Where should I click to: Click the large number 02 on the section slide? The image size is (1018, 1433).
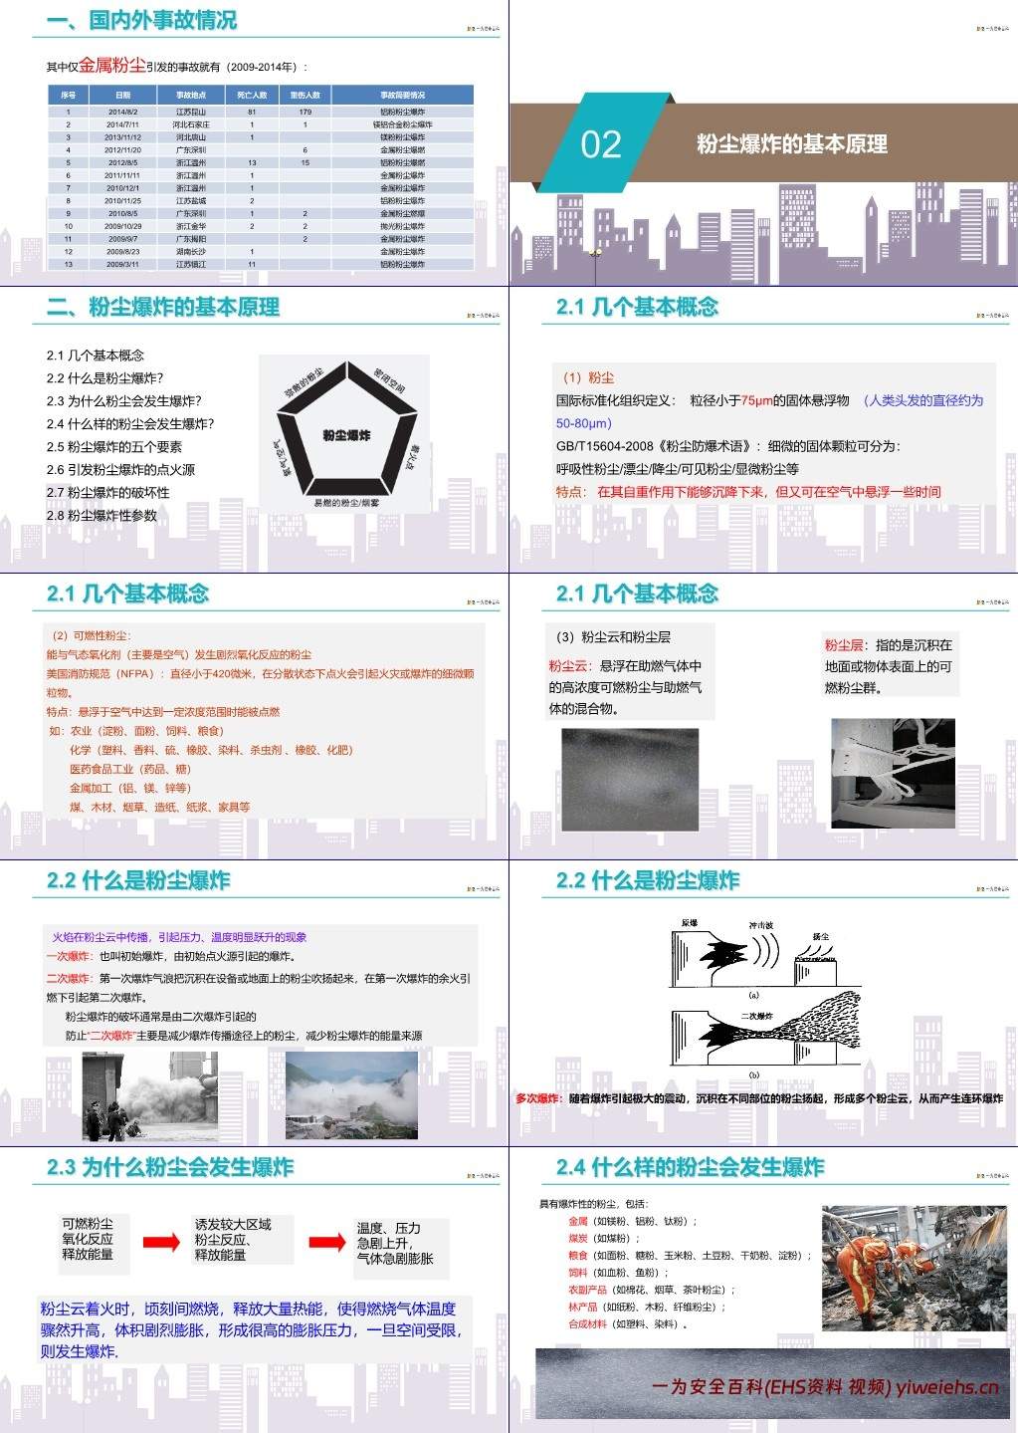coord(601,145)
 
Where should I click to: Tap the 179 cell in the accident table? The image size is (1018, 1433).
coord(305,113)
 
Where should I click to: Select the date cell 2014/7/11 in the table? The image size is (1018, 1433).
coord(123,125)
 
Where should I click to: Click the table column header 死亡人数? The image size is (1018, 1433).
coord(252,96)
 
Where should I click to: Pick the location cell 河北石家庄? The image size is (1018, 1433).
coord(191,125)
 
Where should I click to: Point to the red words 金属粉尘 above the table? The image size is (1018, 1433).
coord(111,66)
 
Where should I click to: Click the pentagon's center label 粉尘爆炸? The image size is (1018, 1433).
coord(346,435)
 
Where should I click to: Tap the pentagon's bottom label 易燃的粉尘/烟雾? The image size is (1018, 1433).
coord(346,503)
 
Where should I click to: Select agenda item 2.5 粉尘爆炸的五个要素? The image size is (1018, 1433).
coord(114,447)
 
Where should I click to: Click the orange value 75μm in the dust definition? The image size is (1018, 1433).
coord(756,400)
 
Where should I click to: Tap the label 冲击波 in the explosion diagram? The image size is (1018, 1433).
coord(761,926)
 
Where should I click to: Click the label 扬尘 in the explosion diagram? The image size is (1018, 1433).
coord(821,937)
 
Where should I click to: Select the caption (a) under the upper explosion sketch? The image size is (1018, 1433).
coord(753,995)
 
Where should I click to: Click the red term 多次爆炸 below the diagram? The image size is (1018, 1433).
coord(538,1098)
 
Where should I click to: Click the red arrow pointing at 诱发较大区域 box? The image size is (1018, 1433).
coord(161,1242)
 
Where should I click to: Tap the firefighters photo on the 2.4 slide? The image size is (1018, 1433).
coord(914,1268)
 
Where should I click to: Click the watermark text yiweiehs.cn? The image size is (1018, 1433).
coord(946,1387)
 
